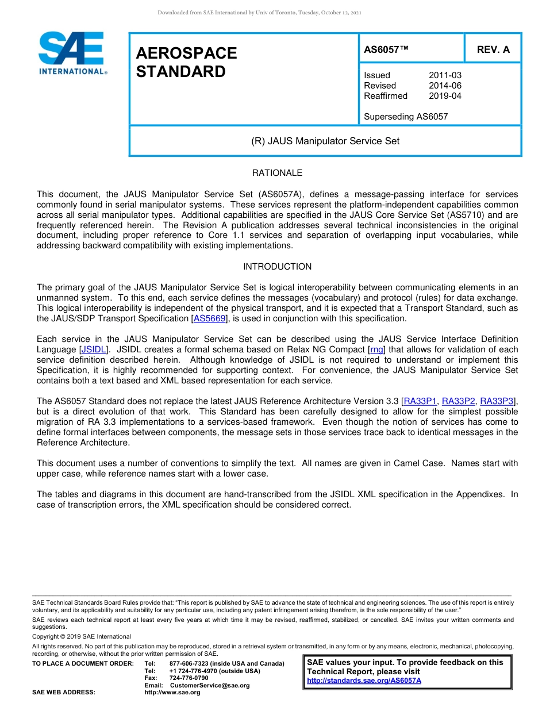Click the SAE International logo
72,53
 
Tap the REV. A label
493,49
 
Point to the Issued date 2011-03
445,75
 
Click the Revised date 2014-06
445,86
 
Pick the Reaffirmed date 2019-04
445,96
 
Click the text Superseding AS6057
405,117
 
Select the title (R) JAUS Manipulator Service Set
325,141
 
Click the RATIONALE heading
277,173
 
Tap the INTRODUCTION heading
277,267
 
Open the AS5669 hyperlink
210,318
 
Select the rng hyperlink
376,349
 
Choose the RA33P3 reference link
497,401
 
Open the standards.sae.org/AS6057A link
364,681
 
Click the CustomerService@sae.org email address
210,685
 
